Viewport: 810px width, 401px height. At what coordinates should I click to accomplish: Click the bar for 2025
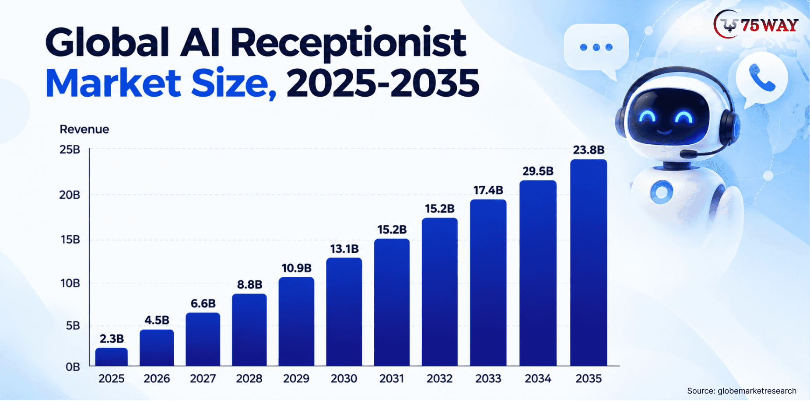(x=112, y=357)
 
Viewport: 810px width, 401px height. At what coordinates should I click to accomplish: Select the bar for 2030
(x=344, y=312)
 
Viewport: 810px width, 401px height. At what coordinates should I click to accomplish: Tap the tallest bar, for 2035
(x=589, y=263)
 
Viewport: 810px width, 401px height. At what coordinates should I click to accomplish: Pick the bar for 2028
(x=249, y=330)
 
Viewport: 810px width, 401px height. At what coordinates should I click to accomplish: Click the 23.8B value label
(x=589, y=150)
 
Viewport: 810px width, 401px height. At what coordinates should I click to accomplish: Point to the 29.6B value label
(x=538, y=171)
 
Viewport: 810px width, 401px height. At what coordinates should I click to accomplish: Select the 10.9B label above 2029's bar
(x=296, y=268)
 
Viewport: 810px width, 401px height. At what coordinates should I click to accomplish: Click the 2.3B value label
(x=112, y=339)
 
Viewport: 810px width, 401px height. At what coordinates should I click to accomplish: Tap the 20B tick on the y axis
(x=70, y=195)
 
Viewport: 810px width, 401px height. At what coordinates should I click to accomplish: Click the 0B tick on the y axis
(x=73, y=367)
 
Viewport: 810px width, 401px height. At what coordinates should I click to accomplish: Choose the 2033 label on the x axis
(x=488, y=379)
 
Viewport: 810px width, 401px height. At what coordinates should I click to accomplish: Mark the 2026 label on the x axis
(x=157, y=379)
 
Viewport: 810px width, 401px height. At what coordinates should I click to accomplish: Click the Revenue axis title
(x=84, y=129)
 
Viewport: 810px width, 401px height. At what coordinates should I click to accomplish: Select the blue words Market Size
(x=161, y=83)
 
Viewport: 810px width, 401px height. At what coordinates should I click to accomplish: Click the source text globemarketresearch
(x=757, y=391)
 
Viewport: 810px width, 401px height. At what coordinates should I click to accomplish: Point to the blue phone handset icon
(x=762, y=77)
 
